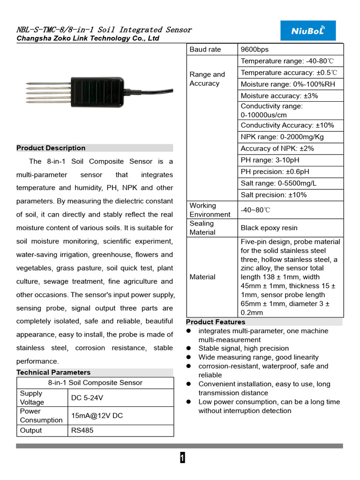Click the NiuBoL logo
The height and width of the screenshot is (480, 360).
pyautogui.click(x=307, y=30)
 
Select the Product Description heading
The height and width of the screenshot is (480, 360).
pyautogui.click(x=51, y=148)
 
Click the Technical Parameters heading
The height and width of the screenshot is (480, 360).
pyautogui.click(x=53, y=372)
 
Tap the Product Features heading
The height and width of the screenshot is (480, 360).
pyautogui.click(x=216, y=322)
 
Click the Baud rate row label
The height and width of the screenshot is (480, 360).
pyautogui.click(x=205, y=50)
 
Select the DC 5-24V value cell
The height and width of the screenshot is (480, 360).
pyautogui.click(x=87, y=398)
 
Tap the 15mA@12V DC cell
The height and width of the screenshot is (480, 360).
pyautogui.click(x=97, y=416)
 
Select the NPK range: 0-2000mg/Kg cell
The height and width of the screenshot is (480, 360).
pyautogui.click(x=282, y=137)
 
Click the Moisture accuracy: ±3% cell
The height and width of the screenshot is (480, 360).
pyautogui.click(x=273, y=96)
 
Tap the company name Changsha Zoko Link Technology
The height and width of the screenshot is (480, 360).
pyautogui.click(x=88, y=38)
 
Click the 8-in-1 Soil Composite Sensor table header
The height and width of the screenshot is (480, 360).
pyautogui.click(x=95, y=382)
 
